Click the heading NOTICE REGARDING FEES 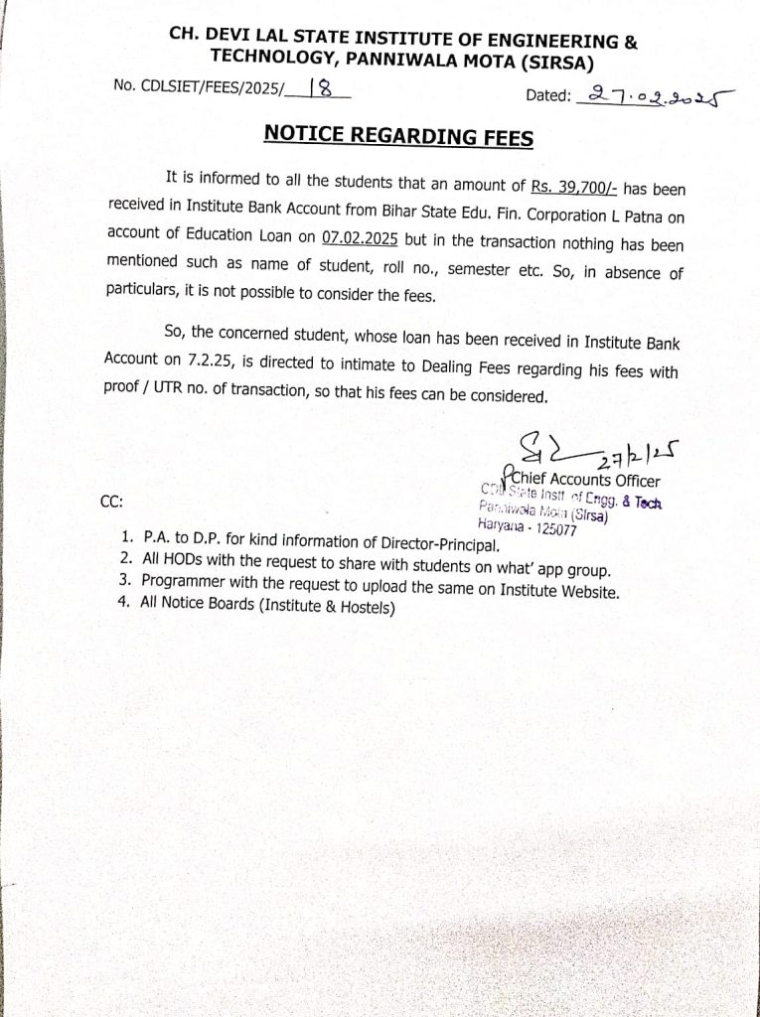point(398,135)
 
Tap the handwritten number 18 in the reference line point(320,89)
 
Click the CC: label point(112,502)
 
